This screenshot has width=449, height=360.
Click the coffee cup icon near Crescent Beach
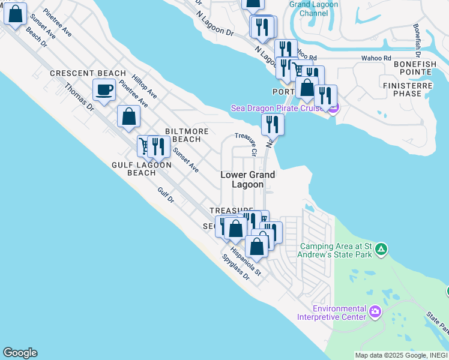point(104,91)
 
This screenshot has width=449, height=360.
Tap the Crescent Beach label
point(88,73)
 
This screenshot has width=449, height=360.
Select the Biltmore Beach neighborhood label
point(187,135)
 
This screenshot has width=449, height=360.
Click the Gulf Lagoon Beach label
point(142,169)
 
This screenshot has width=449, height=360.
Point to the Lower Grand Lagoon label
point(248,179)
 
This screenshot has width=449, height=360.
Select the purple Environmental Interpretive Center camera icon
point(376,311)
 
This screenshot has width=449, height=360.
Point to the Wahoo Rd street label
point(372,58)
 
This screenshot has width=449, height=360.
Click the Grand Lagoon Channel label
point(313,8)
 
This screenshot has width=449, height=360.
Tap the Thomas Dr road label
point(79,97)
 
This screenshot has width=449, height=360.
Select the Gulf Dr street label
point(166,194)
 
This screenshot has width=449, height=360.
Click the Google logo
point(20,353)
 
